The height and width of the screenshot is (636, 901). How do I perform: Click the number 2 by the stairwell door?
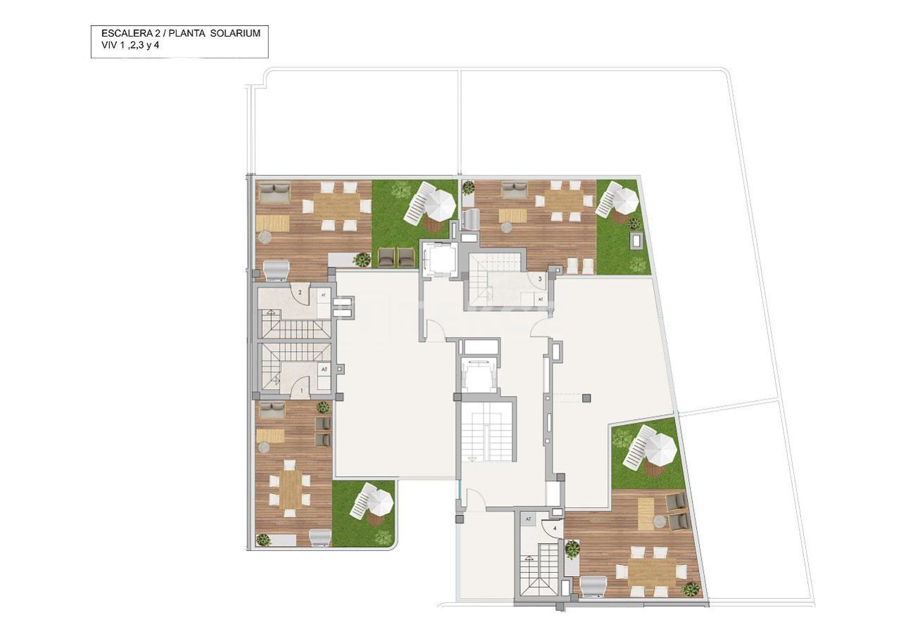(x=300, y=292)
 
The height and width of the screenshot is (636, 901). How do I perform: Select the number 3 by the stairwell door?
(x=539, y=279)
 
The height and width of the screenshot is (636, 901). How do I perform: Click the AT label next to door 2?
(x=324, y=295)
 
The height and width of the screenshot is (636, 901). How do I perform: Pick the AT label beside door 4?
(x=529, y=519)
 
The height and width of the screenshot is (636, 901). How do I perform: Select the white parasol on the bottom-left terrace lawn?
(x=379, y=502)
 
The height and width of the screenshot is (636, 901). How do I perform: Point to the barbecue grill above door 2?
(x=276, y=269)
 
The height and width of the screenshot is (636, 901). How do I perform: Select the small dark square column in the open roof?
(x=586, y=397)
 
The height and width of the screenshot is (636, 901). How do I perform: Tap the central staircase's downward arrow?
(x=472, y=458)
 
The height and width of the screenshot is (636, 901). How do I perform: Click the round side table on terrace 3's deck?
(x=505, y=227)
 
